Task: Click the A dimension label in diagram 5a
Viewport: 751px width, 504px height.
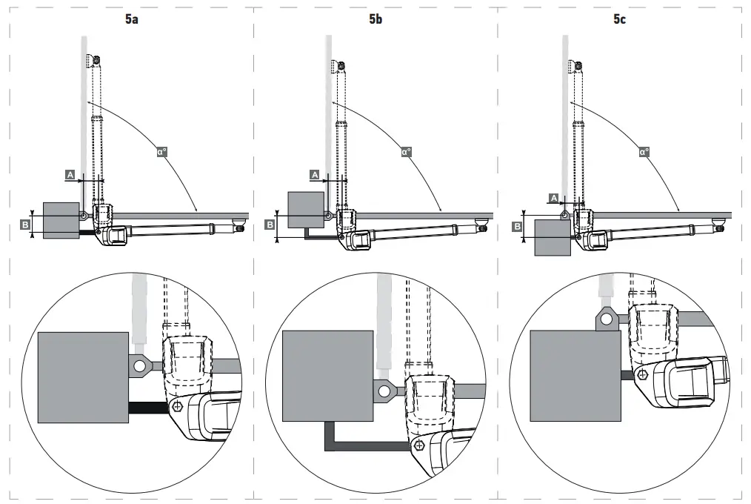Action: click(x=70, y=174)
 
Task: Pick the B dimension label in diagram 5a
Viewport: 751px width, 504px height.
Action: click(x=25, y=223)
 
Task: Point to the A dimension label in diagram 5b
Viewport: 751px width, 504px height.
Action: click(x=314, y=174)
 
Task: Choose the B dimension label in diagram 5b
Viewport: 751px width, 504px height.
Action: click(x=270, y=223)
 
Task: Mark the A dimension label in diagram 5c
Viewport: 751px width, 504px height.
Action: click(x=553, y=197)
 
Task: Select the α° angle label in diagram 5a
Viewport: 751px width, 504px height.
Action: click(x=162, y=152)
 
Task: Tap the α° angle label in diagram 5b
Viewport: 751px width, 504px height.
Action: click(x=406, y=152)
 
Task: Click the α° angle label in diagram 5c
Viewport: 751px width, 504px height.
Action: click(x=644, y=152)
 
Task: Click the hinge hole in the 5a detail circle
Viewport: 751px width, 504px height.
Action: click(x=138, y=365)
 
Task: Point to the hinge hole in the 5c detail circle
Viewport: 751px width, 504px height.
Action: click(x=607, y=319)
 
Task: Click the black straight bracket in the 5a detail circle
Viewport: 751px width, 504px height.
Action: click(x=149, y=407)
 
